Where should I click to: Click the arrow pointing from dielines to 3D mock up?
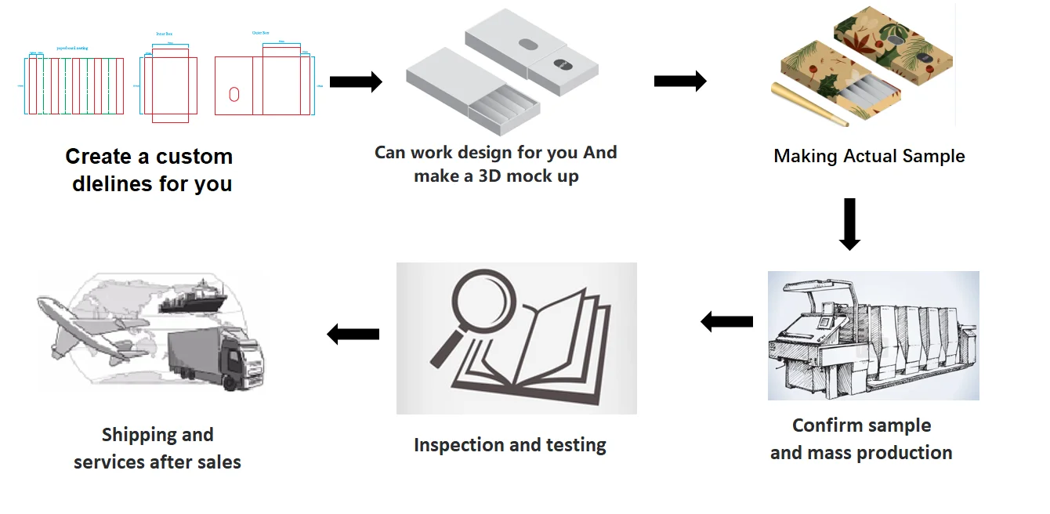[355, 81]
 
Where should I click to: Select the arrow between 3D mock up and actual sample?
[679, 81]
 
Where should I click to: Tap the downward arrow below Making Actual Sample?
[849, 224]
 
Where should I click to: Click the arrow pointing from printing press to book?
[726, 321]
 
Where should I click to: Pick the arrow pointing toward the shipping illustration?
[353, 335]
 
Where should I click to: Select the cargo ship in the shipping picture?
[192, 301]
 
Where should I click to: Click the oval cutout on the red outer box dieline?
[234, 95]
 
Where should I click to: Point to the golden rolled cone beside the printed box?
[810, 104]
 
